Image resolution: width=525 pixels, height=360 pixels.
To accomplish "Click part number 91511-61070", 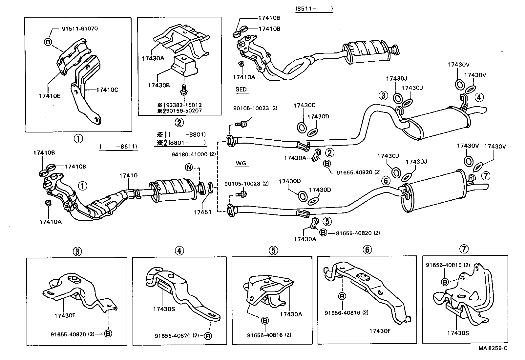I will [80, 29].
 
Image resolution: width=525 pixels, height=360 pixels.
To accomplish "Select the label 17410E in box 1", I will [49, 96].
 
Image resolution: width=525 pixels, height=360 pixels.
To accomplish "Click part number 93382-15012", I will [182, 105].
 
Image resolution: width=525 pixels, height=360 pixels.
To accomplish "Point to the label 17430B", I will [159, 85].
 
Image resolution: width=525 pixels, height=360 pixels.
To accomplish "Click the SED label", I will [241, 90].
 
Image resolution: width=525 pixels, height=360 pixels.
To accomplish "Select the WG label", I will [241, 163].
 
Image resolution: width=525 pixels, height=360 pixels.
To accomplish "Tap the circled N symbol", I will [189, 167].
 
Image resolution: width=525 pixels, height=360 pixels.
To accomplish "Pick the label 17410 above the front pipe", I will [128, 176].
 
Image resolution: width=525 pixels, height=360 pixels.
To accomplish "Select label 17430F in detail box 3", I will [65, 315].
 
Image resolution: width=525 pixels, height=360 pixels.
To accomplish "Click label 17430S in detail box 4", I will [163, 309].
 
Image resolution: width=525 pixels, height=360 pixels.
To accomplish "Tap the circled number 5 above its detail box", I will [273, 250].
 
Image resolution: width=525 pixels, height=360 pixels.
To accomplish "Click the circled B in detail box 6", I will [342, 296].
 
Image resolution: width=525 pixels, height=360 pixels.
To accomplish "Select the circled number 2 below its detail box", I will [179, 123].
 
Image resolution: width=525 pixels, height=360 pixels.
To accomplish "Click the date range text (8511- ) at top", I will [314, 9].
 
